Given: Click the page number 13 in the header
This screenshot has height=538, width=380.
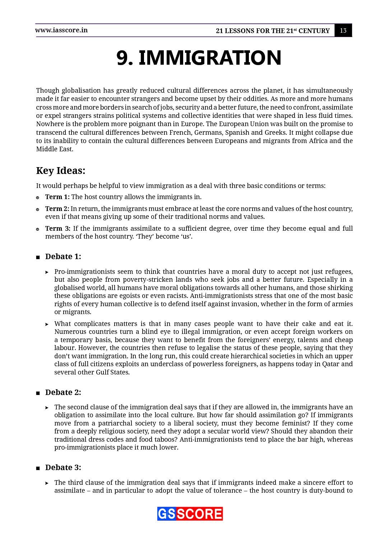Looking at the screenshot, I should click(343, 31).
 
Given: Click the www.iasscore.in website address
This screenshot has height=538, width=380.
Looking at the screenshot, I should click(61, 30).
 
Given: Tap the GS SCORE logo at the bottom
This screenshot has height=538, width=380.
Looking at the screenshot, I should click(190, 514).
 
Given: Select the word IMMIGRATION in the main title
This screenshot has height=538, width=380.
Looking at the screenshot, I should click(210, 58).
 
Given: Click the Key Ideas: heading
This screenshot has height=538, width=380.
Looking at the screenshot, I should click(61, 171).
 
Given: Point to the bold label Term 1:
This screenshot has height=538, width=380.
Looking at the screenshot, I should click(57, 197).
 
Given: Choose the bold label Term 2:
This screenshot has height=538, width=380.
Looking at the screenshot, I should click(57, 209).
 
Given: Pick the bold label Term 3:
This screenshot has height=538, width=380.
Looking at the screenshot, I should click(58, 229).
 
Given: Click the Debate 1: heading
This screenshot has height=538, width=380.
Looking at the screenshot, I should click(63, 257).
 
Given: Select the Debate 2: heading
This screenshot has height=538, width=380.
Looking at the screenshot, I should click(63, 392).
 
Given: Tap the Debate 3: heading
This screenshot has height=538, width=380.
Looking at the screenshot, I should click(63, 468).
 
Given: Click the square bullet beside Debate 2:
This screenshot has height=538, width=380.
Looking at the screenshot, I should click(38, 393).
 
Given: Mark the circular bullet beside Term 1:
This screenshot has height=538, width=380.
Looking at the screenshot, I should click(38, 198).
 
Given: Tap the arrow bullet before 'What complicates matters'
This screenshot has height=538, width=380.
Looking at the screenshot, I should click(47, 325).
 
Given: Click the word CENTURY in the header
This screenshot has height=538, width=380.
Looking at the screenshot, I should click(314, 31).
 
